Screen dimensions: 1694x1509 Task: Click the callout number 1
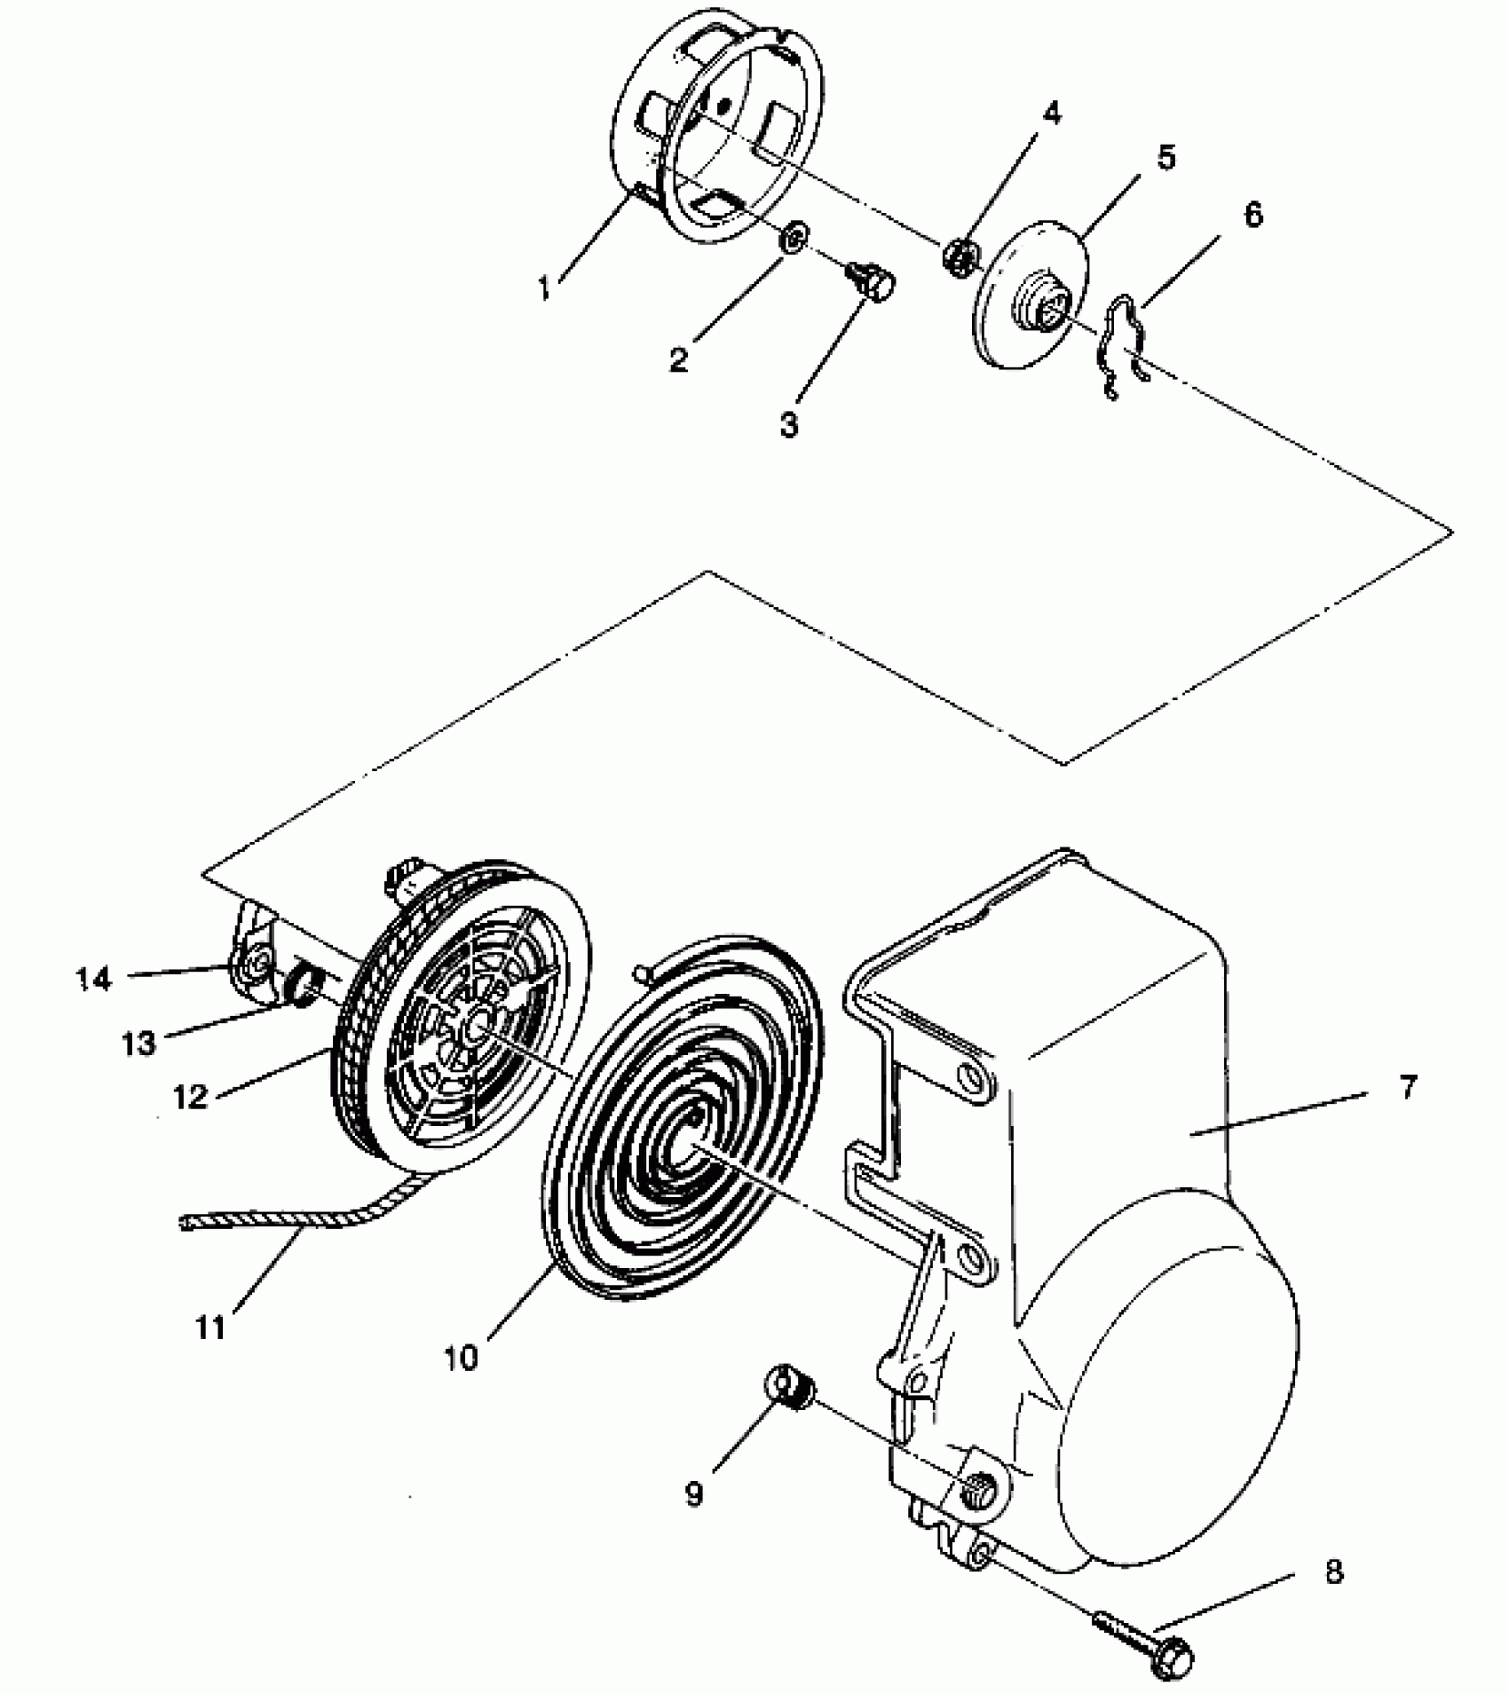pyautogui.click(x=546, y=288)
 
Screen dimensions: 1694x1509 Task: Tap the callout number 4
pyautogui.click(x=1050, y=114)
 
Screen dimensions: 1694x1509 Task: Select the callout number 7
pyautogui.click(x=1409, y=1086)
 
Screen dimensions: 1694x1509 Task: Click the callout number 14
pyautogui.click(x=94, y=979)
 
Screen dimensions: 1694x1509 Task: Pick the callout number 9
pyautogui.click(x=693, y=1494)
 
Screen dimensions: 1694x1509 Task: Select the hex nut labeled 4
pyautogui.click(x=960, y=256)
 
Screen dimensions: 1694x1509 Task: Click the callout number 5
pyautogui.click(x=1165, y=158)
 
